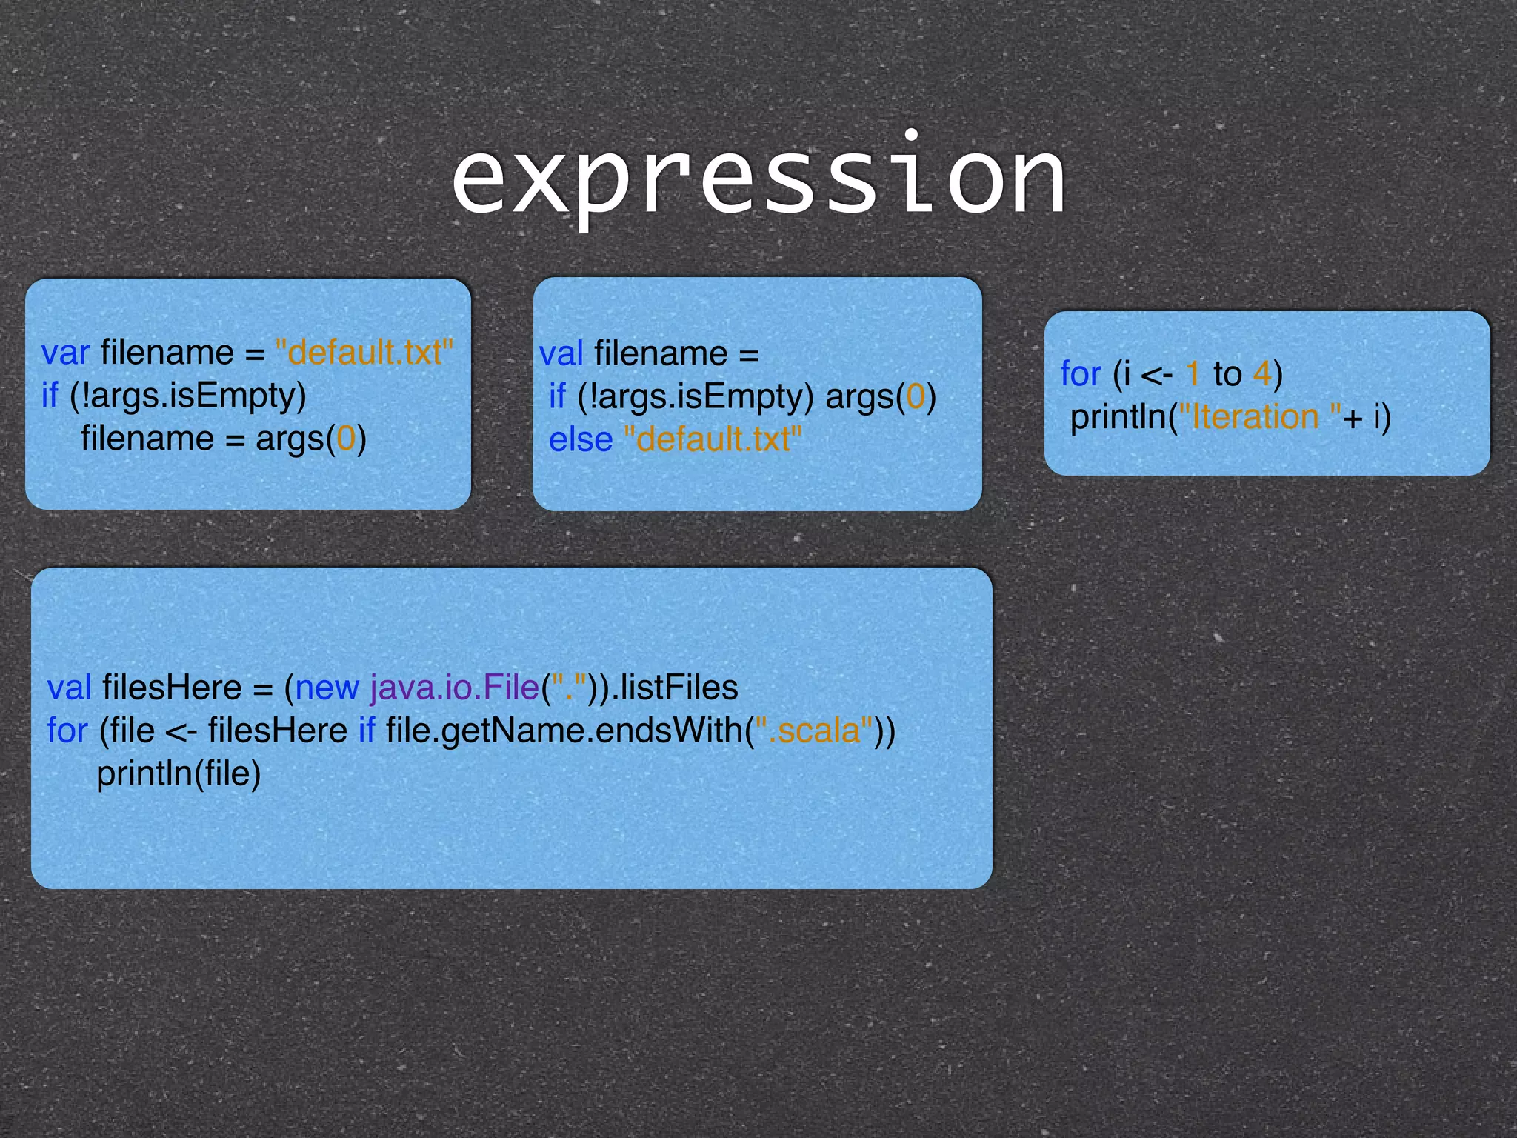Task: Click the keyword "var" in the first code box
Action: [65, 353]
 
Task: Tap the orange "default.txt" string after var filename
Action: [364, 353]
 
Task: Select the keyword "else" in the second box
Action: [580, 440]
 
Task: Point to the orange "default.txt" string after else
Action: [713, 440]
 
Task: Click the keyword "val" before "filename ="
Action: [561, 354]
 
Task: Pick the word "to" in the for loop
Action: [1227, 374]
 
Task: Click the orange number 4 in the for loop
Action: [1261, 374]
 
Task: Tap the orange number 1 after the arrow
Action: [1193, 374]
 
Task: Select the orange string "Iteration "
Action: [1258, 417]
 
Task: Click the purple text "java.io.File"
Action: [454, 688]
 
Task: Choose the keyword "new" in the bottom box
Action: [327, 688]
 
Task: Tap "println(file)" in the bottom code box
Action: [179, 774]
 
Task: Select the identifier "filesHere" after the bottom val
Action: [172, 688]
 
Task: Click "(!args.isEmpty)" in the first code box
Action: [188, 396]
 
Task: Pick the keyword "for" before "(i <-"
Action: [1080, 374]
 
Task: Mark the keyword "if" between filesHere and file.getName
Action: [366, 731]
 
